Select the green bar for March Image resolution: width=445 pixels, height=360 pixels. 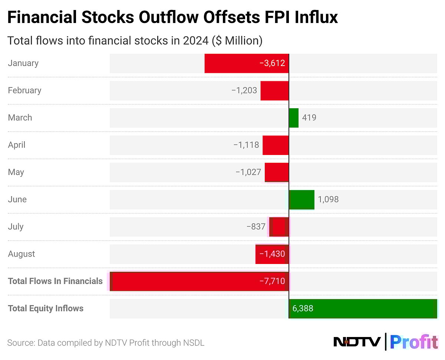(x=294, y=118)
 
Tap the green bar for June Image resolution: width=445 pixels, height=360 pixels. (x=301, y=199)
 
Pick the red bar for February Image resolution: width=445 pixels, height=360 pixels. (x=274, y=90)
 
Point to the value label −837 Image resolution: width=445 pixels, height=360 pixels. (x=256, y=227)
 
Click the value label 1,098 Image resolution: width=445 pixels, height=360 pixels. (x=328, y=199)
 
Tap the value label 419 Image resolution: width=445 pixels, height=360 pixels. (x=309, y=118)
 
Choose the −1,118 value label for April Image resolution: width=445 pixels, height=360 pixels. (x=246, y=145)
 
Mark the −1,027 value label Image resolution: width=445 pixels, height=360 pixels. (x=248, y=172)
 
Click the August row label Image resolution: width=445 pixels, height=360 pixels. (x=22, y=254)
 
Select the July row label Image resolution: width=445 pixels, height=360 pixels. (x=16, y=227)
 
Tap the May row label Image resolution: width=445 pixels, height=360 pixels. (x=16, y=172)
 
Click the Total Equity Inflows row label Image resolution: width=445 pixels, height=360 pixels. (x=46, y=308)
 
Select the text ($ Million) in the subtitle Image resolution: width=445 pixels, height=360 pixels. (x=237, y=40)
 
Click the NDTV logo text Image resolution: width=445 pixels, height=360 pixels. (x=357, y=341)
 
